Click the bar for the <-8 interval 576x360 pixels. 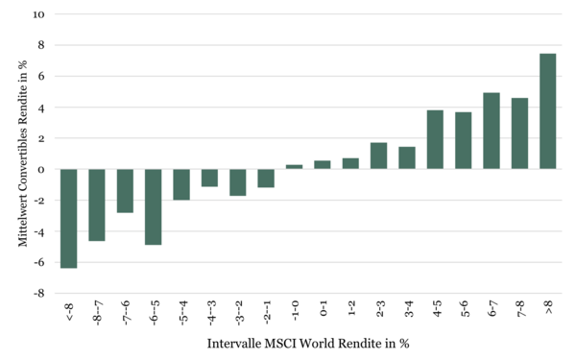[69, 219]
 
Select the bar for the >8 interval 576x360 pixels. [548, 111]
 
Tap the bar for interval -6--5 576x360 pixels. [154, 206]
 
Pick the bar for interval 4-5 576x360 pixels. [435, 139]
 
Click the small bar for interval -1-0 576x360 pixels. [295, 167]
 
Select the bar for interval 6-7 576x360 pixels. [492, 132]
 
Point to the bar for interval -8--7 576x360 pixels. [97, 205]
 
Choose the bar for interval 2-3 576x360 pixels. [379, 156]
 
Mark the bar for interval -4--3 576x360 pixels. [209, 178]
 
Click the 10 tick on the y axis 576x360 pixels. [38, 14]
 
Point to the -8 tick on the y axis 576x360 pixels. [39, 294]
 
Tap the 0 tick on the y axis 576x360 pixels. [40, 169]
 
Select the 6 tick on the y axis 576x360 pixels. [40, 77]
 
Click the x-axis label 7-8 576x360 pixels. [520, 308]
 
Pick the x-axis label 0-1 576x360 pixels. [324, 308]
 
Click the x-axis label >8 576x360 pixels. [549, 307]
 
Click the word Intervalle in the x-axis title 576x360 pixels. [234, 344]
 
